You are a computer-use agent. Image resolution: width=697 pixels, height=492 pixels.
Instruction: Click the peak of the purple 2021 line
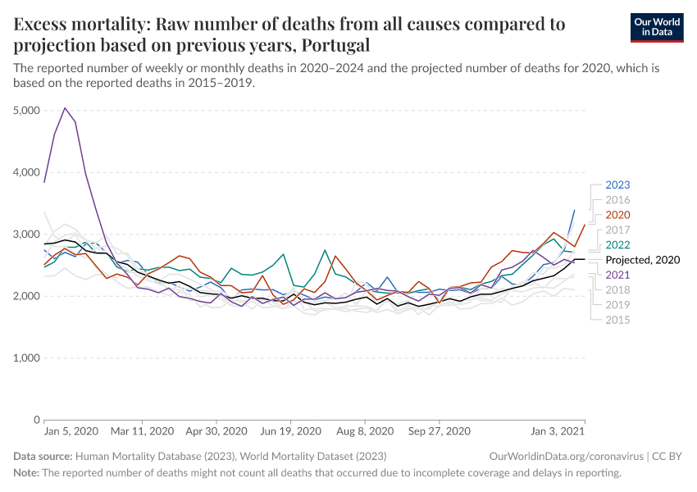click(65, 108)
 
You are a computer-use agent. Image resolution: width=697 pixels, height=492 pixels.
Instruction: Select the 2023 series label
click(617, 185)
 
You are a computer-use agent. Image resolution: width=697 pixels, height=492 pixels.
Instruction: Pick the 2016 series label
click(617, 200)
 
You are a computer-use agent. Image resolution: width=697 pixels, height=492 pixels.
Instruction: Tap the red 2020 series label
click(617, 215)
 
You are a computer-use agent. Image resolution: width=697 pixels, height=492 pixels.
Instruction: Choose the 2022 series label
click(617, 244)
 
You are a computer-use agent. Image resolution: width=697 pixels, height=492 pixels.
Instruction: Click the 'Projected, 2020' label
click(643, 260)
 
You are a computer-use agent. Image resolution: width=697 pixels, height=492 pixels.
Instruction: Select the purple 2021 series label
click(617, 275)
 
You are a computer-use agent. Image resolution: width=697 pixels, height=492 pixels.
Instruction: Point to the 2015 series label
click(617, 320)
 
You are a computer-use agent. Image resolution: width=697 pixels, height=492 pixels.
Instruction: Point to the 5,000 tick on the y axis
click(27, 111)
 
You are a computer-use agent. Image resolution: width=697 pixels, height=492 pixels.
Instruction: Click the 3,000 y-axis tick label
click(27, 235)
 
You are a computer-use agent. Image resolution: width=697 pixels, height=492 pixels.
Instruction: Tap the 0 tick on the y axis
click(37, 420)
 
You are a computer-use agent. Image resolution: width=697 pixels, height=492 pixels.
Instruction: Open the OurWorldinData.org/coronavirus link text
click(565, 456)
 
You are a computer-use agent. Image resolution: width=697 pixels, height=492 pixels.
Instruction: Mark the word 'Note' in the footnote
click(26, 473)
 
